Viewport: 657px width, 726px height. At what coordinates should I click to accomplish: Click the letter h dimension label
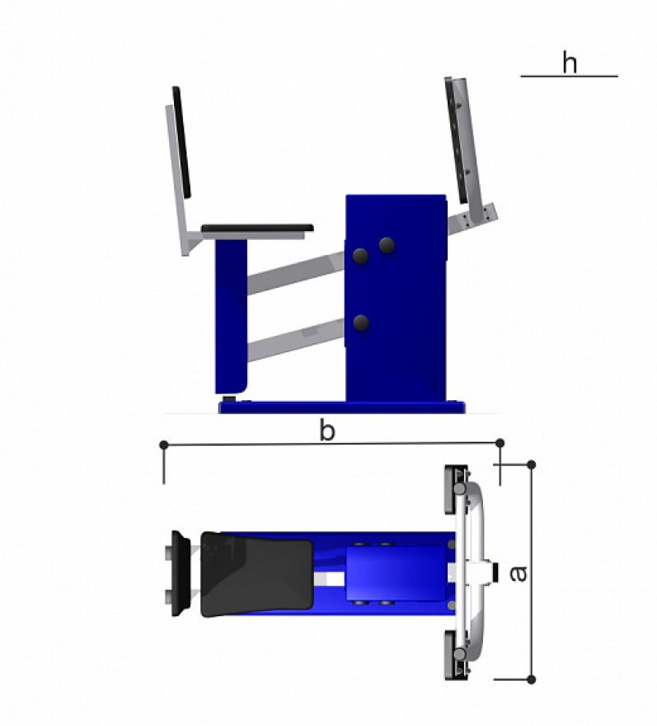coord(570,63)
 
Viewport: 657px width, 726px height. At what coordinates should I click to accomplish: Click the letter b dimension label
coord(327,431)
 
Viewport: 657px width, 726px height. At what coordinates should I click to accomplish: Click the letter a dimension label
coord(519,573)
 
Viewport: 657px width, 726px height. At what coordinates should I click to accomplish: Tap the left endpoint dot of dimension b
coord(163,445)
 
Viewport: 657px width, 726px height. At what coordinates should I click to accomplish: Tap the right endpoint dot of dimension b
coord(500,443)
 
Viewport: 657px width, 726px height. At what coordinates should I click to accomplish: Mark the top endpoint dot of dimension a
coord(532,464)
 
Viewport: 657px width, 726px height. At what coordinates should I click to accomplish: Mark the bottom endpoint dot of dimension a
coord(532,679)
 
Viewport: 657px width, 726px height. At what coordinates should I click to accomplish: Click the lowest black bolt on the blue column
coord(361,323)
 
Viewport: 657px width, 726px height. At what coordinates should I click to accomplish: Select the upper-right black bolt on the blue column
coord(387,245)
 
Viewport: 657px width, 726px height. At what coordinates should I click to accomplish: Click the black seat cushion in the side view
coord(258,229)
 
